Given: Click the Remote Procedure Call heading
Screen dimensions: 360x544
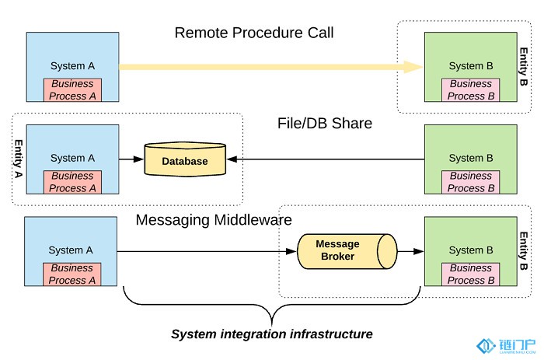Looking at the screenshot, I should click(x=254, y=33).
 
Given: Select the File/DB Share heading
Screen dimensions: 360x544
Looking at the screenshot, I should click(x=324, y=123).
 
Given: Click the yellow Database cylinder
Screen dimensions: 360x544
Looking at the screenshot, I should click(x=184, y=161).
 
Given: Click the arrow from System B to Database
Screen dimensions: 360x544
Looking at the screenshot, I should click(x=326, y=161).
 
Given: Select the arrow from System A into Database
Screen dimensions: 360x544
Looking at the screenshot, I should click(x=130, y=161).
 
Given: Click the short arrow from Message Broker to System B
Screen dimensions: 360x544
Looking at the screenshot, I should click(x=410, y=250).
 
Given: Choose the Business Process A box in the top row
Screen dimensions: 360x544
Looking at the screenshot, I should click(x=72, y=90).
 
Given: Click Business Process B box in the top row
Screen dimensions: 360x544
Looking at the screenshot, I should click(x=470, y=90).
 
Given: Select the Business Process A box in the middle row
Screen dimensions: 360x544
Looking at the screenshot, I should click(x=72, y=182).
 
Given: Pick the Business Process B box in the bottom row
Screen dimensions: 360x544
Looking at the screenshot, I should click(x=470, y=274).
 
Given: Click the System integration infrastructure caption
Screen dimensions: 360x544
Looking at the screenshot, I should click(x=271, y=334).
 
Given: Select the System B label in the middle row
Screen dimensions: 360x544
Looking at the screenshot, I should click(x=471, y=158).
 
